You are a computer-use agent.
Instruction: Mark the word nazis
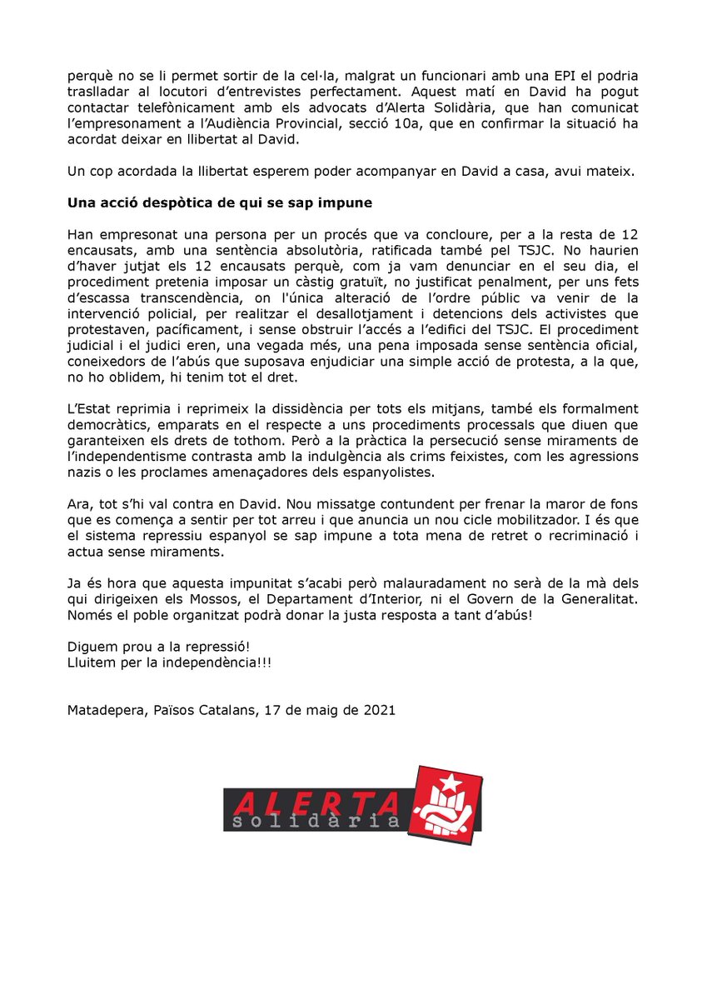pos(83,471)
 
